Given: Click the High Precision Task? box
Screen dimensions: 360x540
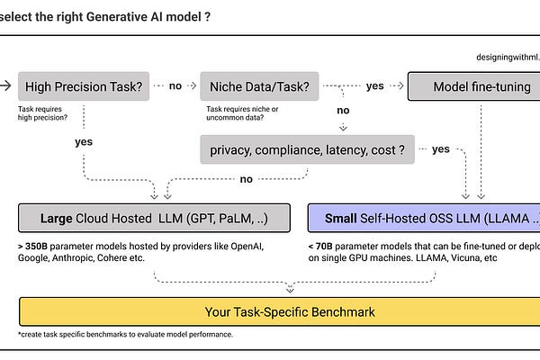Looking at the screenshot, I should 84,86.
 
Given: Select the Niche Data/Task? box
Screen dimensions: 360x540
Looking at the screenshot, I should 260,86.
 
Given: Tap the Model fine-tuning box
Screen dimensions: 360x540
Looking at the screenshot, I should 473,86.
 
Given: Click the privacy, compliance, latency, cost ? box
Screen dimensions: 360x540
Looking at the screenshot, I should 307,149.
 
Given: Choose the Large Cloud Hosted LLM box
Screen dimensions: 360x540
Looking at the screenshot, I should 155,218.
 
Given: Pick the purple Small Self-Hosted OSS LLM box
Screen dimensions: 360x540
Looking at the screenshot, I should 424,218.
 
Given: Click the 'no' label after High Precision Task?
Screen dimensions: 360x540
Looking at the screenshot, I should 175,86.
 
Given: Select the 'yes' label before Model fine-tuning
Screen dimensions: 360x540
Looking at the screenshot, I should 374,86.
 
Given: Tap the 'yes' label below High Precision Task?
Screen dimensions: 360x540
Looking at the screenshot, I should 83,141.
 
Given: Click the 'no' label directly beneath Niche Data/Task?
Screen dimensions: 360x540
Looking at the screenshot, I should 343,111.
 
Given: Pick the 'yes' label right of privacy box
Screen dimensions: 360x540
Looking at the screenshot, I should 440,149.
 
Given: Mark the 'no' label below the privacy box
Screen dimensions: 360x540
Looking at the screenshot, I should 246,179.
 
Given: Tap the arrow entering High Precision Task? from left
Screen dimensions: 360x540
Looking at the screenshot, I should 7,86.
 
